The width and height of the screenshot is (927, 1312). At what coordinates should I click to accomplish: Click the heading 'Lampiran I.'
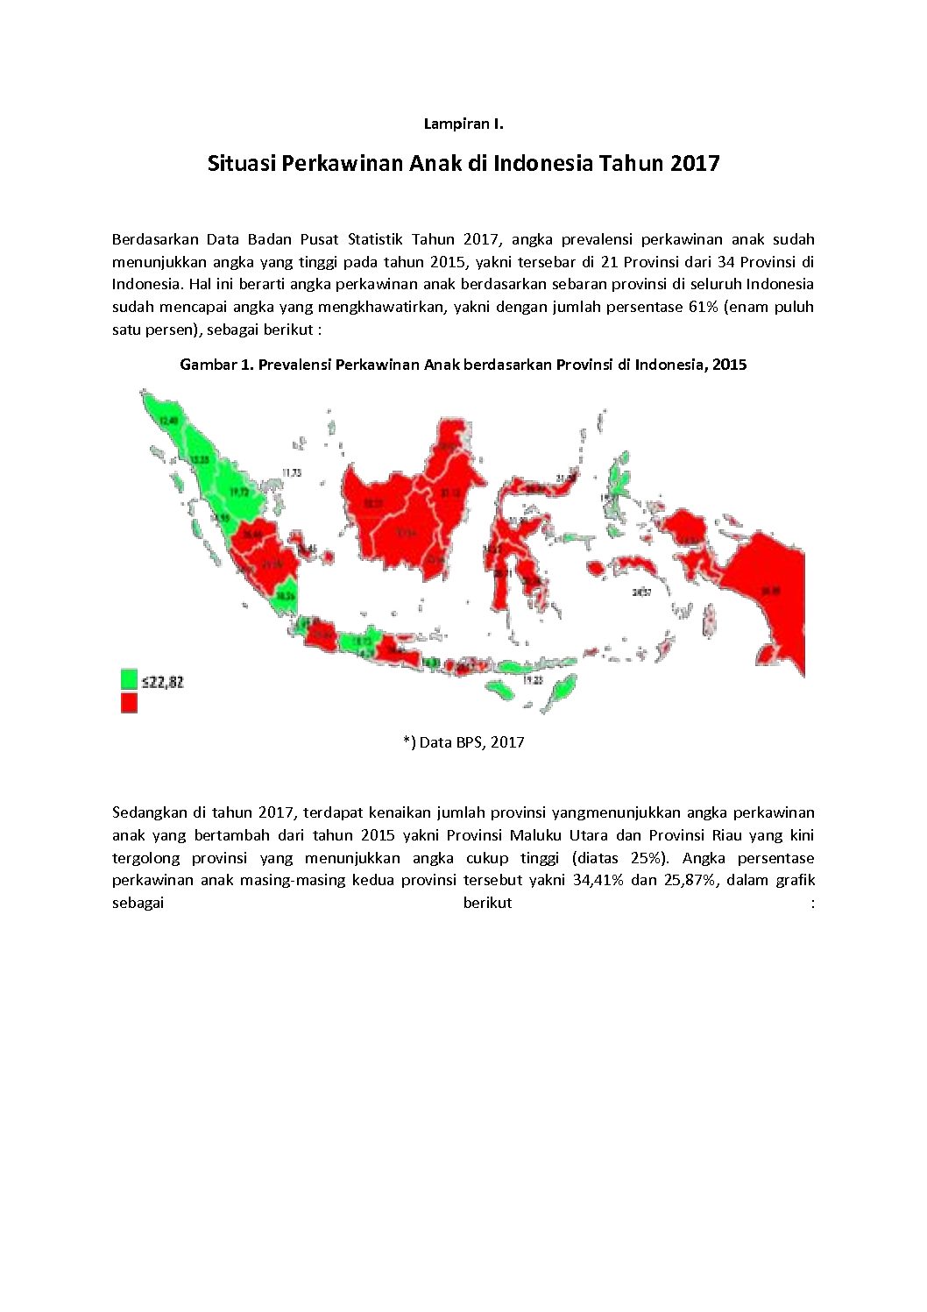point(463,124)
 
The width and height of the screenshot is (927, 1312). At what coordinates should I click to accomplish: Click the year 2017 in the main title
point(695,163)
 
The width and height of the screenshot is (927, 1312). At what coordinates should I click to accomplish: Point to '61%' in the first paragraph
point(703,307)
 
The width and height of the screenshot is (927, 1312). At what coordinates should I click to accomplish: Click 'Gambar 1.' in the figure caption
point(216,365)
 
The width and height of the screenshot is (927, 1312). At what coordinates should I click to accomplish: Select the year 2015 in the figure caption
point(729,365)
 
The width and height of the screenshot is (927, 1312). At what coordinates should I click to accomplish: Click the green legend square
point(129,679)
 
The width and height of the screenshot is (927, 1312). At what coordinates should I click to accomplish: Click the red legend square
point(129,702)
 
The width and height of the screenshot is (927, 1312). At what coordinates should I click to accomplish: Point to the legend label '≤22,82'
point(163,682)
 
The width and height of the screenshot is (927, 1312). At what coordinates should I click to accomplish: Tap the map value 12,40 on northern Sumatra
point(168,421)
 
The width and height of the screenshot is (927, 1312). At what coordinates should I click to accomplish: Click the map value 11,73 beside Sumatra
point(291,472)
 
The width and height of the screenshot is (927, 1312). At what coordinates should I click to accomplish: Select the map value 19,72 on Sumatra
point(239,493)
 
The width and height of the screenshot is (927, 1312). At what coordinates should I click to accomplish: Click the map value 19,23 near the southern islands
point(532,680)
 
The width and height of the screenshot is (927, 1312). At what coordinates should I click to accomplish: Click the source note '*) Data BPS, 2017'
point(463,742)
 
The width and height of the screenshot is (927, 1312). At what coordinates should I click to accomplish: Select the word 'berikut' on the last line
point(487,903)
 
